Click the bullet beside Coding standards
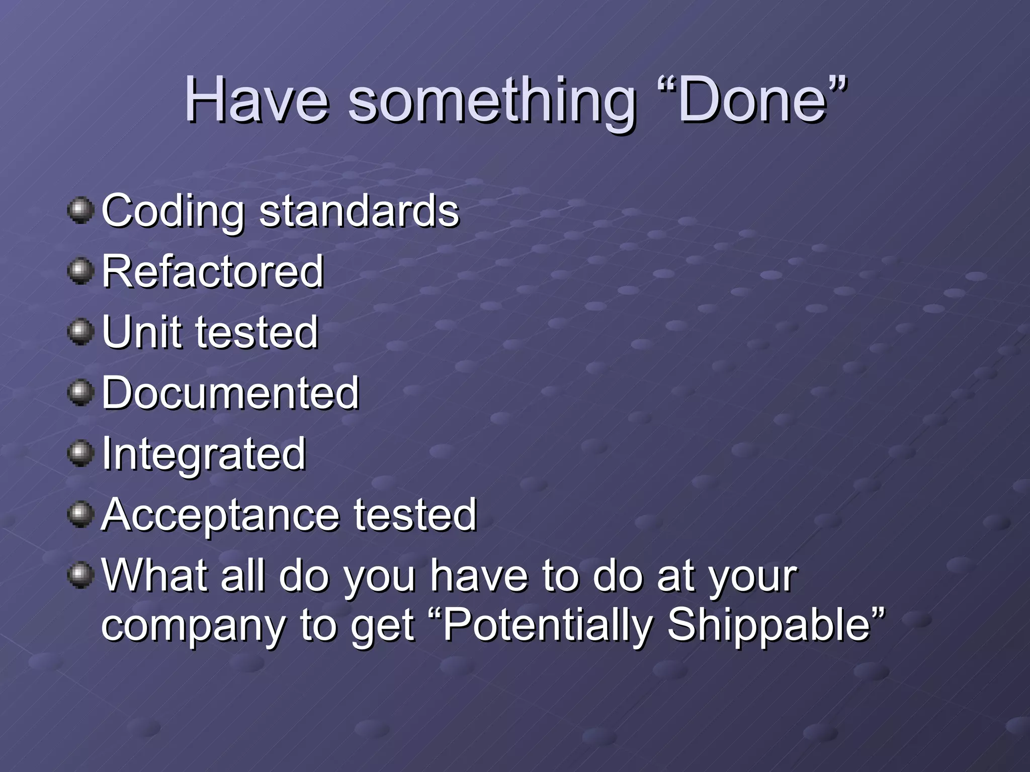(x=80, y=210)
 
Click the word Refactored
(x=213, y=271)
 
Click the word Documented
(x=230, y=393)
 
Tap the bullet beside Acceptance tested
(x=80, y=515)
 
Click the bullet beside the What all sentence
(x=80, y=575)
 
